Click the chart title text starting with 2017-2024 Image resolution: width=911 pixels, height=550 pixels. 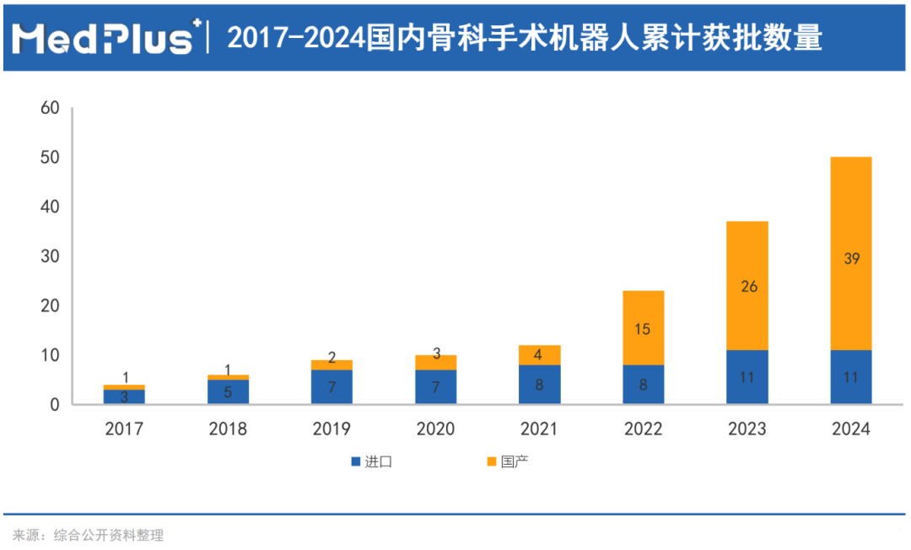pyautogui.click(x=524, y=37)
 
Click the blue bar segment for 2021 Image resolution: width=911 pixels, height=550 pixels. pyautogui.click(x=539, y=384)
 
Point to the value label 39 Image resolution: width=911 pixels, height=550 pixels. pyautogui.click(x=851, y=259)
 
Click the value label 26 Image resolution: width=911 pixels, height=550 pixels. pyautogui.click(x=747, y=286)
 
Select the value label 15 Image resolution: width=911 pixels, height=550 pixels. pyautogui.click(x=644, y=329)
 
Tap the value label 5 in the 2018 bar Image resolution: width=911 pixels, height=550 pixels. pyautogui.click(x=228, y=391)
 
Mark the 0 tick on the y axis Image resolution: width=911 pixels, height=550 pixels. pyautogui.click(x=54, y=405)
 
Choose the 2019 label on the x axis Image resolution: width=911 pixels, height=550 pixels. pyautogui.click(x=332, y=429)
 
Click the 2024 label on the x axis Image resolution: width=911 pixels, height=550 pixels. pyautogui.click(x=851, y=429)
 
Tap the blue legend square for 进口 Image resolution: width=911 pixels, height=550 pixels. pyautogui.click(x=356, y=461)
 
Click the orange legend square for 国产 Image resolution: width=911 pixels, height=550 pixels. pyautogui.click(x=491, y=461)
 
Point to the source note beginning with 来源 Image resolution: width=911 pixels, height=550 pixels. pyautogui.click(x=88, y=535)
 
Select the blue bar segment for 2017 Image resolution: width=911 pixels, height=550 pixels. pyautogui.click(x=124, y=396)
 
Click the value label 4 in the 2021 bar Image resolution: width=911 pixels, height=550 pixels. pyautogui.click(x=539, y=354)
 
